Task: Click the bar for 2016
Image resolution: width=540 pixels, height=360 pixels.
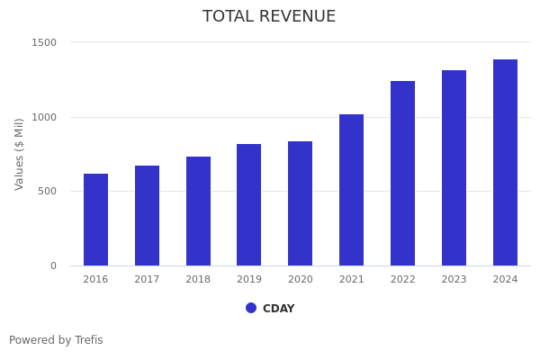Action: pyautogui.click(x=95, y=220)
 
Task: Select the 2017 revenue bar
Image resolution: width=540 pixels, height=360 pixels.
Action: pyautogui.click(x=147, y=216)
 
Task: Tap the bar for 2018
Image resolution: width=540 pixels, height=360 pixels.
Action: pyautogui.click(x=198, y=211)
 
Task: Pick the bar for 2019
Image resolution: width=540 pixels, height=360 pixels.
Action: pyautogui.click(x=249, y=205)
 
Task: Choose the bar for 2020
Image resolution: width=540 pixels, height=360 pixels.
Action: pyautogui.click(x=301, y=203)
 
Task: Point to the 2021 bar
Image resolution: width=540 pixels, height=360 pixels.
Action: pyautogui.click(x=352, y=190)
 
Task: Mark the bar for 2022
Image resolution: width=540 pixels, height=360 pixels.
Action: pyautogui.click(x=402, y=174)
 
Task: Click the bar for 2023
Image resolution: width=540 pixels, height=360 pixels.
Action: pyautogui.click(x=454, y=168)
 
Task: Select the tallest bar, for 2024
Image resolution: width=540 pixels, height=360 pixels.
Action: pyautogui.click(x=505, y=163)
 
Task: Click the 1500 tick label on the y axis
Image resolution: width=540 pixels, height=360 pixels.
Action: pyautogui.click(x=45, y=42)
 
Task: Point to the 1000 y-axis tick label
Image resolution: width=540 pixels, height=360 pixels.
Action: pyautogui.click(x=45, y=117)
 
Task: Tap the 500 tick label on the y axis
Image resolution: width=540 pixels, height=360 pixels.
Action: pyautogui.click(x=48, y=191)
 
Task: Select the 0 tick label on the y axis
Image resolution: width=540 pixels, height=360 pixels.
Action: pyautogui.click(x=53, y=265)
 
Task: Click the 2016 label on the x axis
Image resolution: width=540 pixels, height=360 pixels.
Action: pyautogui.click(x=95, y=280)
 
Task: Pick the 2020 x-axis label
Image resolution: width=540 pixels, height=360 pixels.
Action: pyautogui.click(x=301, y=280)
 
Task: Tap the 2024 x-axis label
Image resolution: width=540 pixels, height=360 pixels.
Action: pyautogui.click(x=505, y=280)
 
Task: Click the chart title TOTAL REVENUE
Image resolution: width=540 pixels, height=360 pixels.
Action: pyautogui.click(x=269, y=17)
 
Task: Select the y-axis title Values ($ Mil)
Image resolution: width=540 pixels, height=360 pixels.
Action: pyautogui.click(x=20, y=154)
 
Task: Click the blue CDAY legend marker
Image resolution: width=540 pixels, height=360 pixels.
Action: pyautogui.click(x=251, y=308)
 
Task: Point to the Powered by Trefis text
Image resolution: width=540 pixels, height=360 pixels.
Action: pyautogui.click(x=56, y=340)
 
